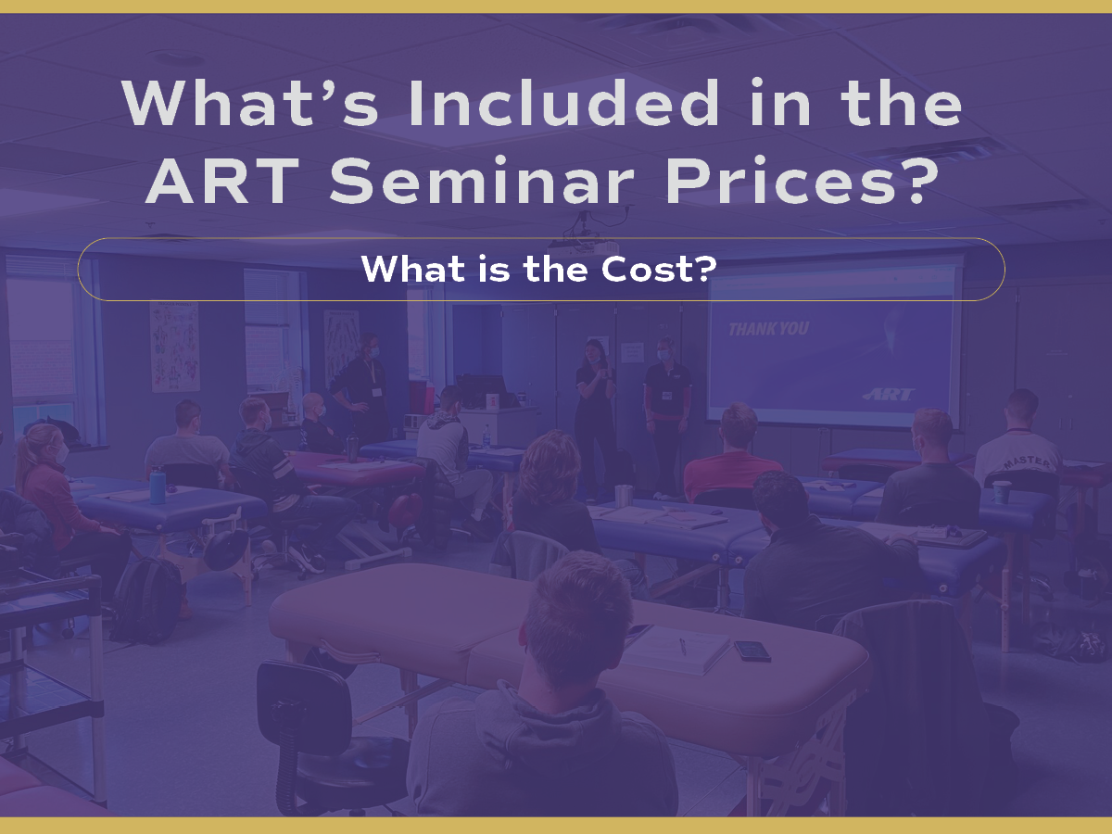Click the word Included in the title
point(563,102)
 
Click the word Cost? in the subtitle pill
point(659,269)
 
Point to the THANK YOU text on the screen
point(768,329)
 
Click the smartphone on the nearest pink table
point(752,651)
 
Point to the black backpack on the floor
point(147,600)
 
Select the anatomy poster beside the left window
point(175,347)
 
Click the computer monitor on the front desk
point(481,391)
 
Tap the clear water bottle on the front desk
point(486,436)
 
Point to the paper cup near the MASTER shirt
point(1002,492)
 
